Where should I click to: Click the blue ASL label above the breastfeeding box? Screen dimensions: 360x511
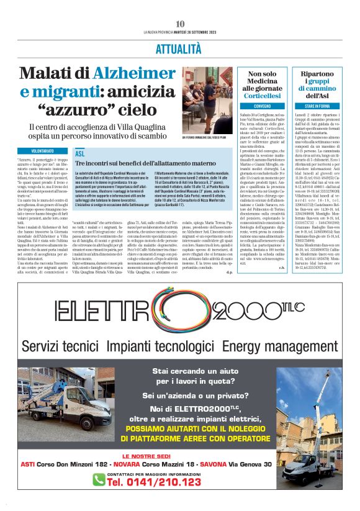coord(79,153)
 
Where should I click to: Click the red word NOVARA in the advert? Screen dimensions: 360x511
coord(137,481)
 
